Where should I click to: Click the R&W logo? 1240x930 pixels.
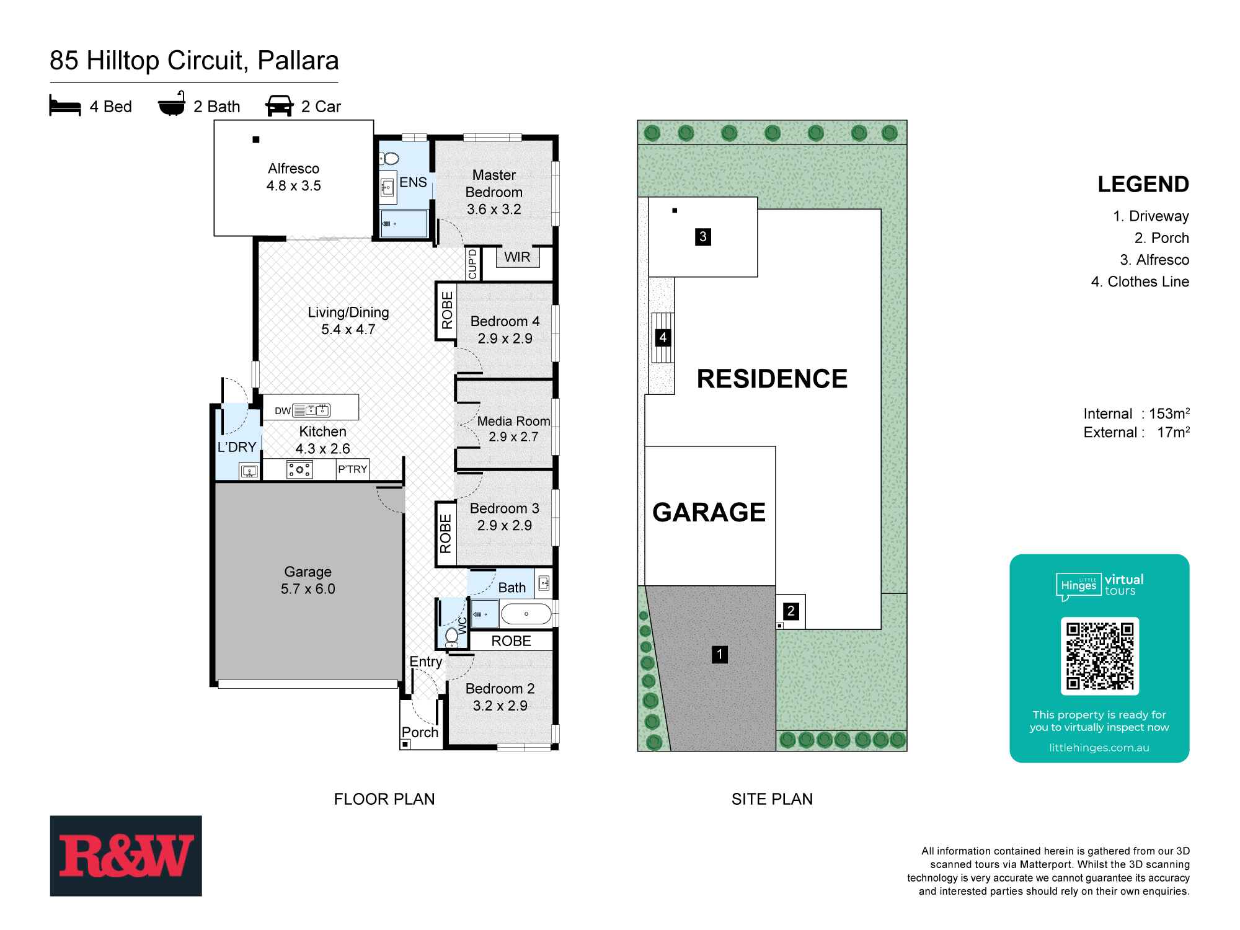126,856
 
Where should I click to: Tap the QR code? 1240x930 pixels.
1099,656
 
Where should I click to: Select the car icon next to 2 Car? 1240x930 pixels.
279,106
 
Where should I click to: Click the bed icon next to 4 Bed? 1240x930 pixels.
65,106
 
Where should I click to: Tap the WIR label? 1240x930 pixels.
516,257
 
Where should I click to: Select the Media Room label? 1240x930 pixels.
513,422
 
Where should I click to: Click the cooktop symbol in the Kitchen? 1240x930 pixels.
299,470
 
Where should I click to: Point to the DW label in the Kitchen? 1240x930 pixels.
283,410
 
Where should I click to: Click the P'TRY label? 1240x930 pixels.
352,469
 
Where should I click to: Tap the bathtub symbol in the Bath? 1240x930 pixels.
526,614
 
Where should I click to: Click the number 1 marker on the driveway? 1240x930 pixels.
719,654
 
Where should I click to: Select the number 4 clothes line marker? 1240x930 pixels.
663,338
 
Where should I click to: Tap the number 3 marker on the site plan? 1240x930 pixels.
702,236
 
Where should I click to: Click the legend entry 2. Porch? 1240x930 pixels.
1161,238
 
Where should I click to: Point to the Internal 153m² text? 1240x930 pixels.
1136,414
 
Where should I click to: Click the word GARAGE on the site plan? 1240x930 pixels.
709,513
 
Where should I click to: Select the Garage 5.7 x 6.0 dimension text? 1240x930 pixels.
308,589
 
